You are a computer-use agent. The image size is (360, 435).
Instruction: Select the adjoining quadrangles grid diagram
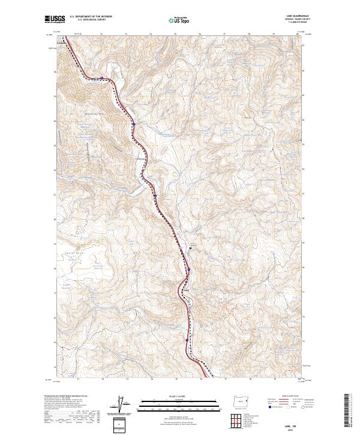(240, 419)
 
